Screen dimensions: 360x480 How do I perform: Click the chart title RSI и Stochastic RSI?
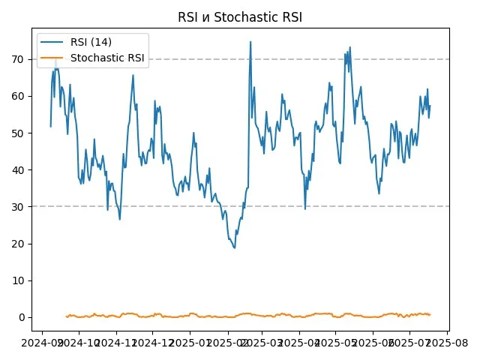pos(240,17)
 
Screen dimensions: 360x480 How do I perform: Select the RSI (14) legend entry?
pos(91,42)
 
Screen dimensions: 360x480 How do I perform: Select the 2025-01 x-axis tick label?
pos(190,341)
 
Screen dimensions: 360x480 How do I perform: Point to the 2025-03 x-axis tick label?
pos(262,341)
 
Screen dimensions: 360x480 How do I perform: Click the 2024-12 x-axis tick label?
pos(152,341)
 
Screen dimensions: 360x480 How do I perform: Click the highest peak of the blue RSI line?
pos(250,42)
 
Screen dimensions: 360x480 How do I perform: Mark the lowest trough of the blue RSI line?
pos(234,247)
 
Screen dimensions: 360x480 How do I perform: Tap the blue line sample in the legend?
pos(53,42)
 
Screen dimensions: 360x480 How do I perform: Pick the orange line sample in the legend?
pos(53,58)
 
